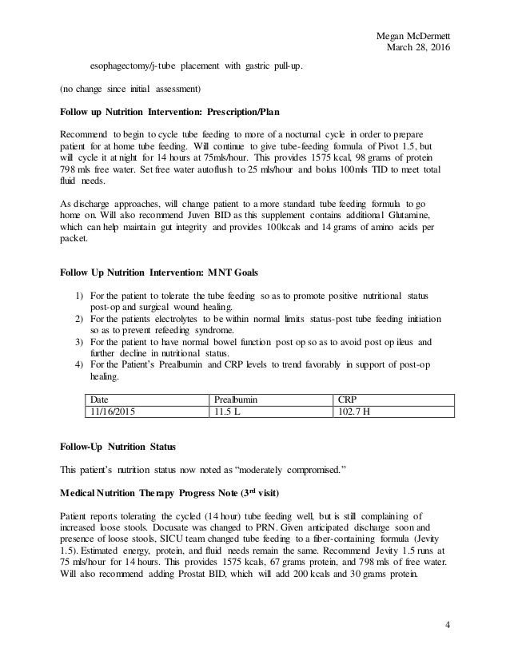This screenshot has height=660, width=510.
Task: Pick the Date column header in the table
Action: point(100,398)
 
